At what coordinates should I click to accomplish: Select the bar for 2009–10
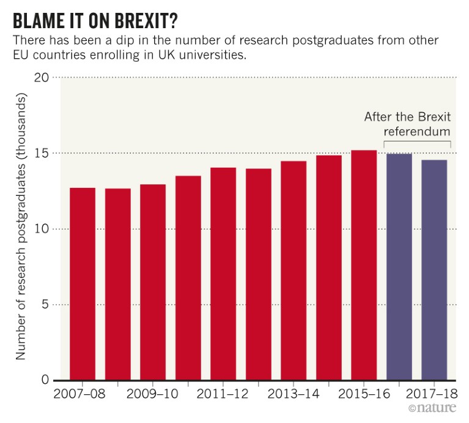(x=153, y=282)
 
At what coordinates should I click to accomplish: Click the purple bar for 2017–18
(x=434, y=269)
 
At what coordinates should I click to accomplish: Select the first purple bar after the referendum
(x=399, y=266)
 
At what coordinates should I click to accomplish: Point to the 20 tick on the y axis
(x=41, y=78)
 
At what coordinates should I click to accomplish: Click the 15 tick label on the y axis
(x=41, y=153)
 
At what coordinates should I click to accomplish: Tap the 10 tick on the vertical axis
(x=41, y=229)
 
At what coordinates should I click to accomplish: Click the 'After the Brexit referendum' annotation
(x=408, y=124)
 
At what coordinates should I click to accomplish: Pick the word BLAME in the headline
(x=35, y=21)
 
